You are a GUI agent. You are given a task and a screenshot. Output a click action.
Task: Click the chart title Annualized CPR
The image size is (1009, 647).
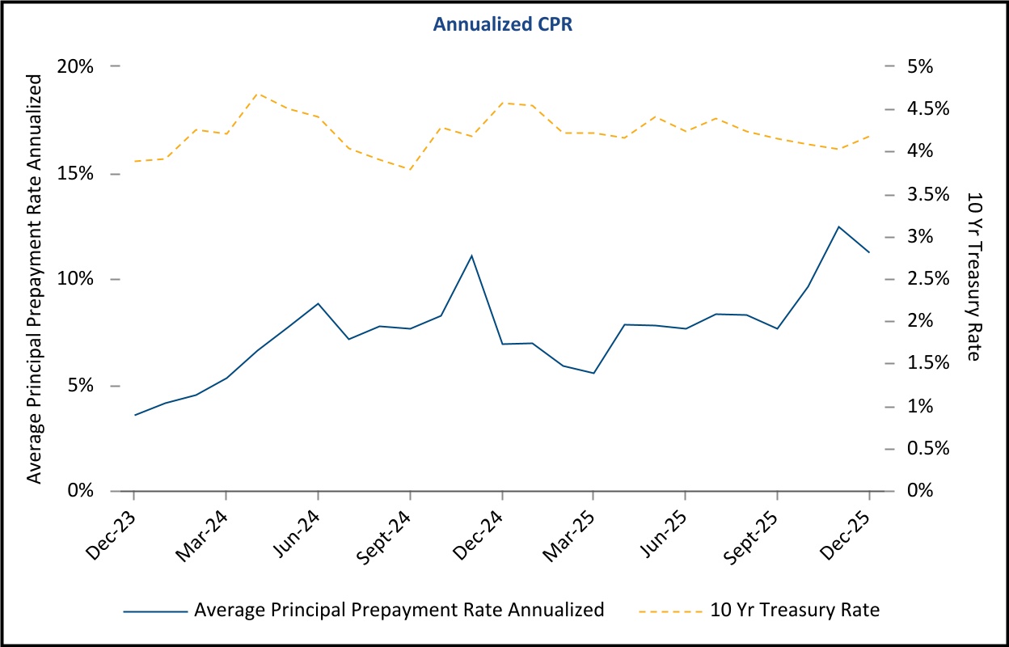(503, 24)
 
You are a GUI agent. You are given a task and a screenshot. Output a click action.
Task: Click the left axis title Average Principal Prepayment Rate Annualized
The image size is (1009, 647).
(34, 279)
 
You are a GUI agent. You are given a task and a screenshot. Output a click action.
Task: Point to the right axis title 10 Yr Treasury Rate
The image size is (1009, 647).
(973, 277)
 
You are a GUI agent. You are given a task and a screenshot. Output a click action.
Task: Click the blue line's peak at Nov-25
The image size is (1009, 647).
(838, 226)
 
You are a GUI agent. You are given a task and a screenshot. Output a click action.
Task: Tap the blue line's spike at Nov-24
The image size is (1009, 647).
(471, 256)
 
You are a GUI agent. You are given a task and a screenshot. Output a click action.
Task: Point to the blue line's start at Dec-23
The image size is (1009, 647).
(135, 415)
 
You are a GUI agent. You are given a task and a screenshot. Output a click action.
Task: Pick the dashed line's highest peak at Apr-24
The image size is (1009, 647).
(257, 93)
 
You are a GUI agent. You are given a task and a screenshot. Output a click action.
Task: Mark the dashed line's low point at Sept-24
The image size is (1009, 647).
(410, 169)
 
